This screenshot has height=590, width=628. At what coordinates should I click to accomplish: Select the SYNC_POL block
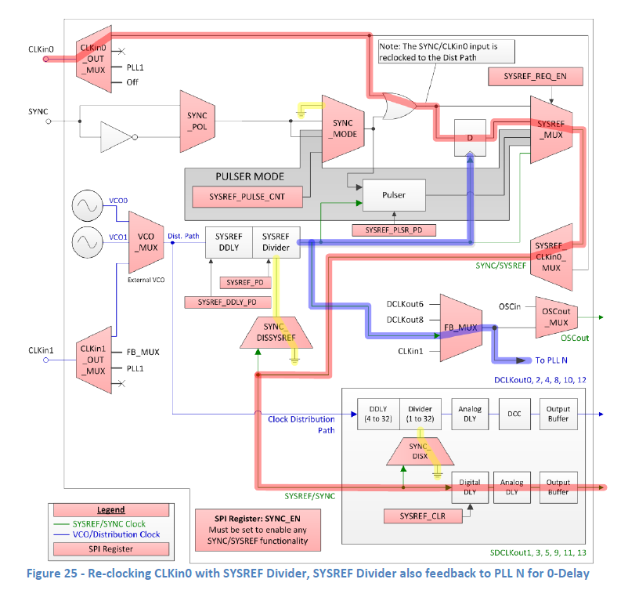click(197, 121)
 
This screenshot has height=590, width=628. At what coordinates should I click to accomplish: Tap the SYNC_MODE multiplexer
click(344, 128)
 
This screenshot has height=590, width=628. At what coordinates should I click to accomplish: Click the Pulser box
click(393, 194)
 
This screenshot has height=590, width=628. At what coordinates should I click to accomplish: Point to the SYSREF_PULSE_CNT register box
click(247, 197)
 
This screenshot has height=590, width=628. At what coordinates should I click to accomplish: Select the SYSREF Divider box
click(276, 242)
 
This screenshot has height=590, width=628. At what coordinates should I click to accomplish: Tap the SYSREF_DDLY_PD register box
click(228, 302)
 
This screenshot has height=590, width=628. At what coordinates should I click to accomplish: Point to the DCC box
click(514, 413)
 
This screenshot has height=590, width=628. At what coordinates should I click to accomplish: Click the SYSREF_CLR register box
click(423, 516)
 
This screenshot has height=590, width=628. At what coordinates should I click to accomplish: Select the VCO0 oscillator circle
click(87, 206)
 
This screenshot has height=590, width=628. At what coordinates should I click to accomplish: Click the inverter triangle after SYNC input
click(117, 138)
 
